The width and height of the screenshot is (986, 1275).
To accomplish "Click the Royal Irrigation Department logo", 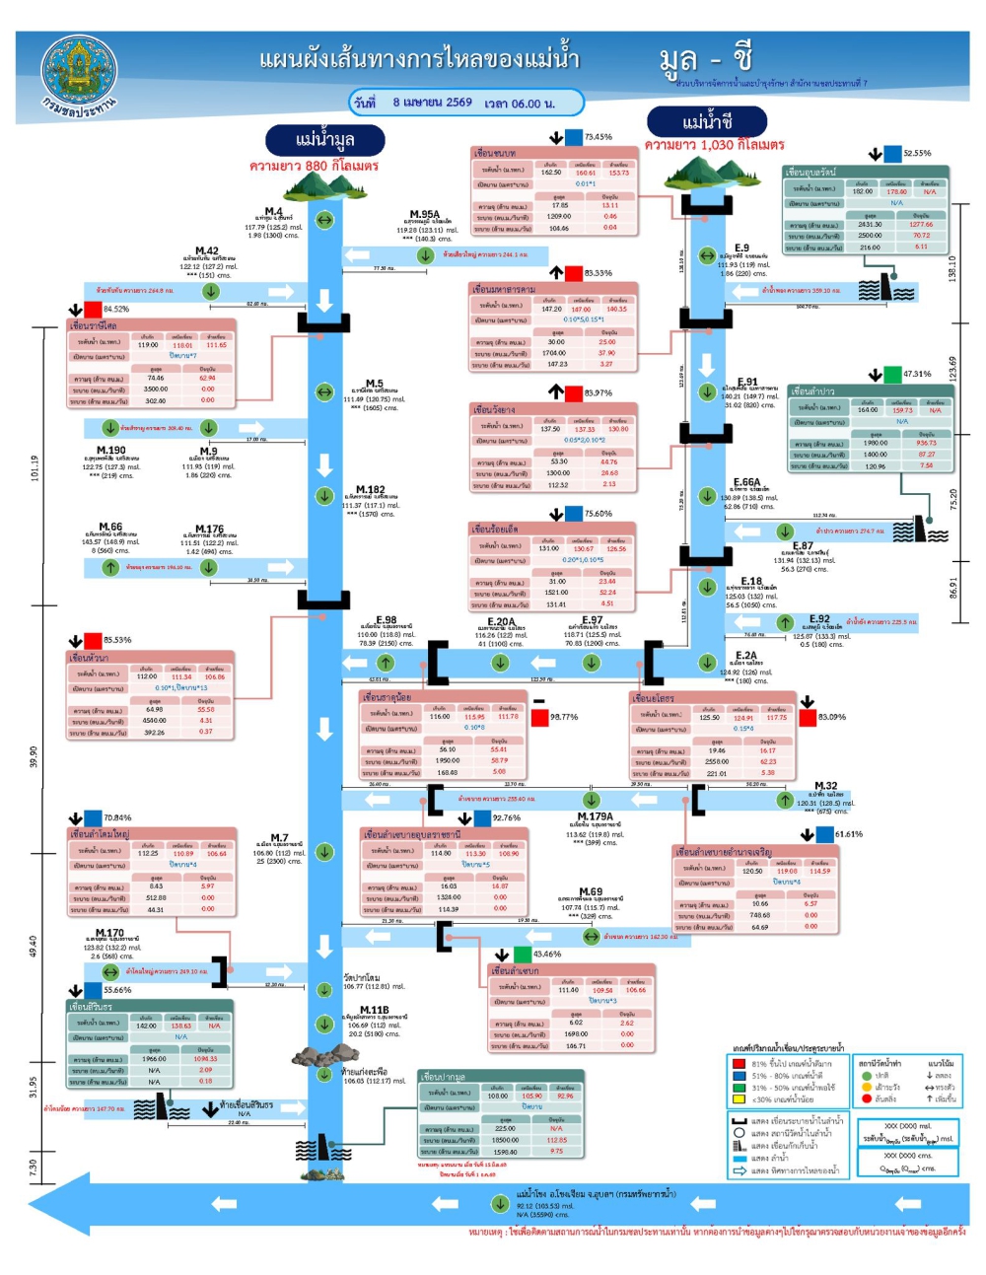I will coord(79,76).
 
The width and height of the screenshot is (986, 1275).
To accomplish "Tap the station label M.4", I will coord(273,211).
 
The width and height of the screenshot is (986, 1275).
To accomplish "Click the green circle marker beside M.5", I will coord(324,392).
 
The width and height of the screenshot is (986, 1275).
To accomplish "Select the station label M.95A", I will coord(425,214).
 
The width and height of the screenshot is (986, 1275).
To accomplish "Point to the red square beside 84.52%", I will coord(93,310).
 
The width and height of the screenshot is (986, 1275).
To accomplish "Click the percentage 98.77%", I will coord(564,717).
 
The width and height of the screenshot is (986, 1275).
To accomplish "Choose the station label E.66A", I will coord(746,482).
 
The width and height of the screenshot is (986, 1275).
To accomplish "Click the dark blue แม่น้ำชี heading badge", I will coord(706,122).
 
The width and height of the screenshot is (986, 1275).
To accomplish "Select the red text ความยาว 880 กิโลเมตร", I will coord(314,166).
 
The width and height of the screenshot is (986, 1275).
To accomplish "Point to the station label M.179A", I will coord(595,816).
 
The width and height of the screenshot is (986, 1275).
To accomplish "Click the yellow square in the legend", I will coord(738,1098).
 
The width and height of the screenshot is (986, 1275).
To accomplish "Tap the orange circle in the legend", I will coord(867,1087).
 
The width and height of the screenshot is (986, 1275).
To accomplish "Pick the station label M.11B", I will coord(374,1010).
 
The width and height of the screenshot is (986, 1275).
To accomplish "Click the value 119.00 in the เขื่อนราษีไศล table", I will coord(148,345).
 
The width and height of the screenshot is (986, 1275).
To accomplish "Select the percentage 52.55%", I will coord(917,154).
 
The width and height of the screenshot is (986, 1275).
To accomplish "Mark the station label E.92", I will coord(819,619).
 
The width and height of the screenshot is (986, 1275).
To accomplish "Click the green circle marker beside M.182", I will coord(324,496).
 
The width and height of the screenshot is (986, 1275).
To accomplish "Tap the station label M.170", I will coord(109,932).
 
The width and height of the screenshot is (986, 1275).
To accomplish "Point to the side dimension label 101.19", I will coord(35,466).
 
